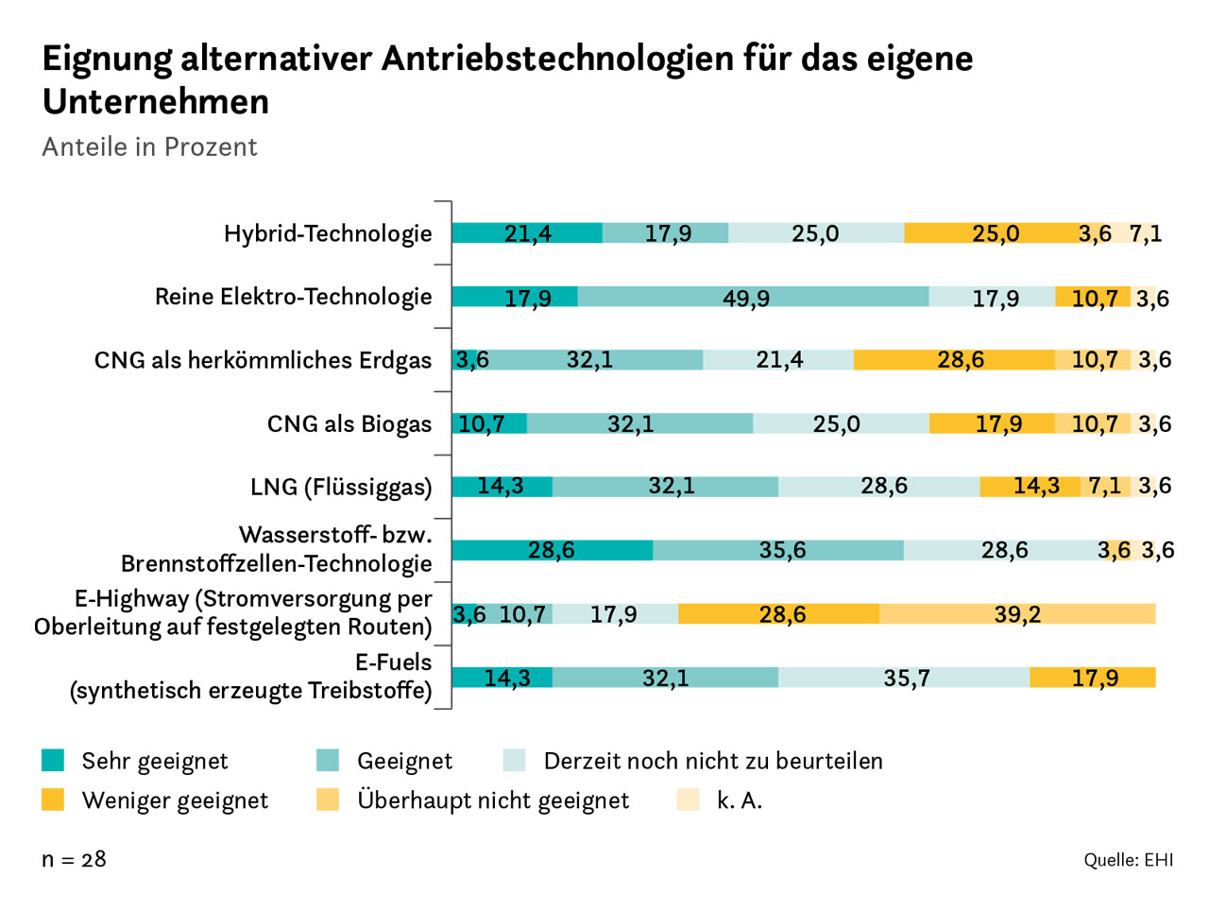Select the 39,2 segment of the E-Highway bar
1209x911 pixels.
(x=1017, y=614)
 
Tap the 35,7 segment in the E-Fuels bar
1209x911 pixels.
(x=905, y=678)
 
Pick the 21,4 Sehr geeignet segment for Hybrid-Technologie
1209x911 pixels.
(x=527, y=232)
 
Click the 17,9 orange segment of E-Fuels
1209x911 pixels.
(x=1093, y=678)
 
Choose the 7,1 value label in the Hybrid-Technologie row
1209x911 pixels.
(x=1145, y=233)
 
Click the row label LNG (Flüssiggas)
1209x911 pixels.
(x=341, y=487)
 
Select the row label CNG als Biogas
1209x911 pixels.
(x=349, y=423)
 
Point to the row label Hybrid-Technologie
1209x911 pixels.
(x=328, y=233)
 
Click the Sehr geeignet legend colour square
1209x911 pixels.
(x=53, y=760)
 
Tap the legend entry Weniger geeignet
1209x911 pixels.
(x=175, y=800)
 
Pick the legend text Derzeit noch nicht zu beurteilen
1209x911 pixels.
(x=713, y=761)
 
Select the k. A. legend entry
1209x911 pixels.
(x=739, y=800)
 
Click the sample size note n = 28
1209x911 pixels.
(x=74, y=859)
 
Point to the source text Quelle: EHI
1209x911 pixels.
(x=1128, y=860)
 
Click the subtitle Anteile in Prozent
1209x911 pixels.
(x=149, y=147)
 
